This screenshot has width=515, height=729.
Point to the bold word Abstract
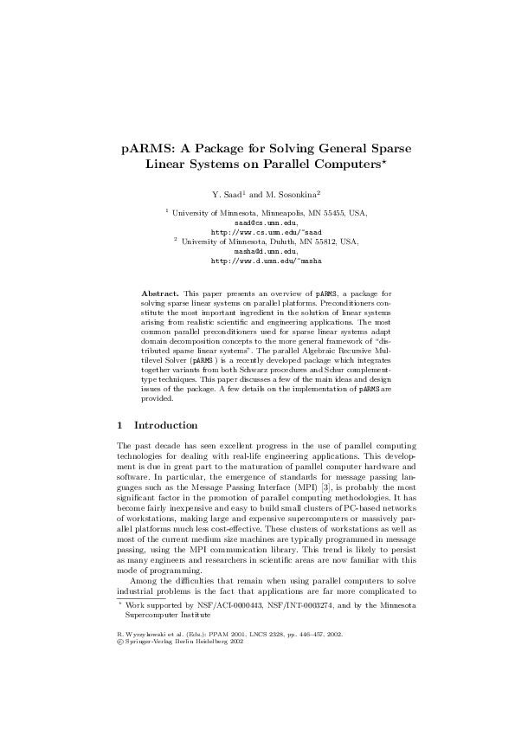point(158,282)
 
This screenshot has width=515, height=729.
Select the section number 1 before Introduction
point(119,425)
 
